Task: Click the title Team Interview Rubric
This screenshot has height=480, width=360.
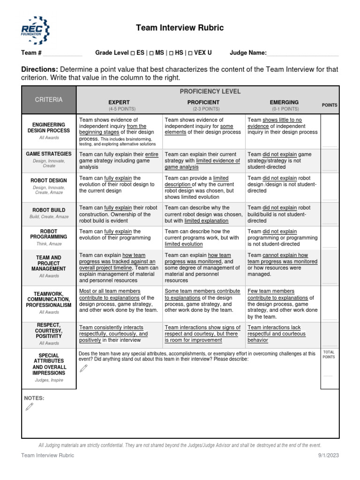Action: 180,28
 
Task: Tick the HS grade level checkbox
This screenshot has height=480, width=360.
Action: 172,53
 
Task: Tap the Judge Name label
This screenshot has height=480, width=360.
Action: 248,53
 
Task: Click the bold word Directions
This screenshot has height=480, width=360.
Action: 40,69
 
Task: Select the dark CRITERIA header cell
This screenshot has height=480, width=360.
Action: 49,100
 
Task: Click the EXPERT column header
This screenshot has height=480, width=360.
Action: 119,102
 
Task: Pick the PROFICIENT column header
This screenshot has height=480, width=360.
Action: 203,102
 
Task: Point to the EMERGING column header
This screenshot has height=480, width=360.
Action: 284,102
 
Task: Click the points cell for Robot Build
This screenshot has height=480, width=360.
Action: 330,215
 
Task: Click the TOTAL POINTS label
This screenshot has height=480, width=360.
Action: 330,354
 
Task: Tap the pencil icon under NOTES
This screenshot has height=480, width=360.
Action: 30,407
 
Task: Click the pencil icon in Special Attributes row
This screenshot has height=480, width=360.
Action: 84,368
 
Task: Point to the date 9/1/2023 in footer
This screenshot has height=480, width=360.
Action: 329,455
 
